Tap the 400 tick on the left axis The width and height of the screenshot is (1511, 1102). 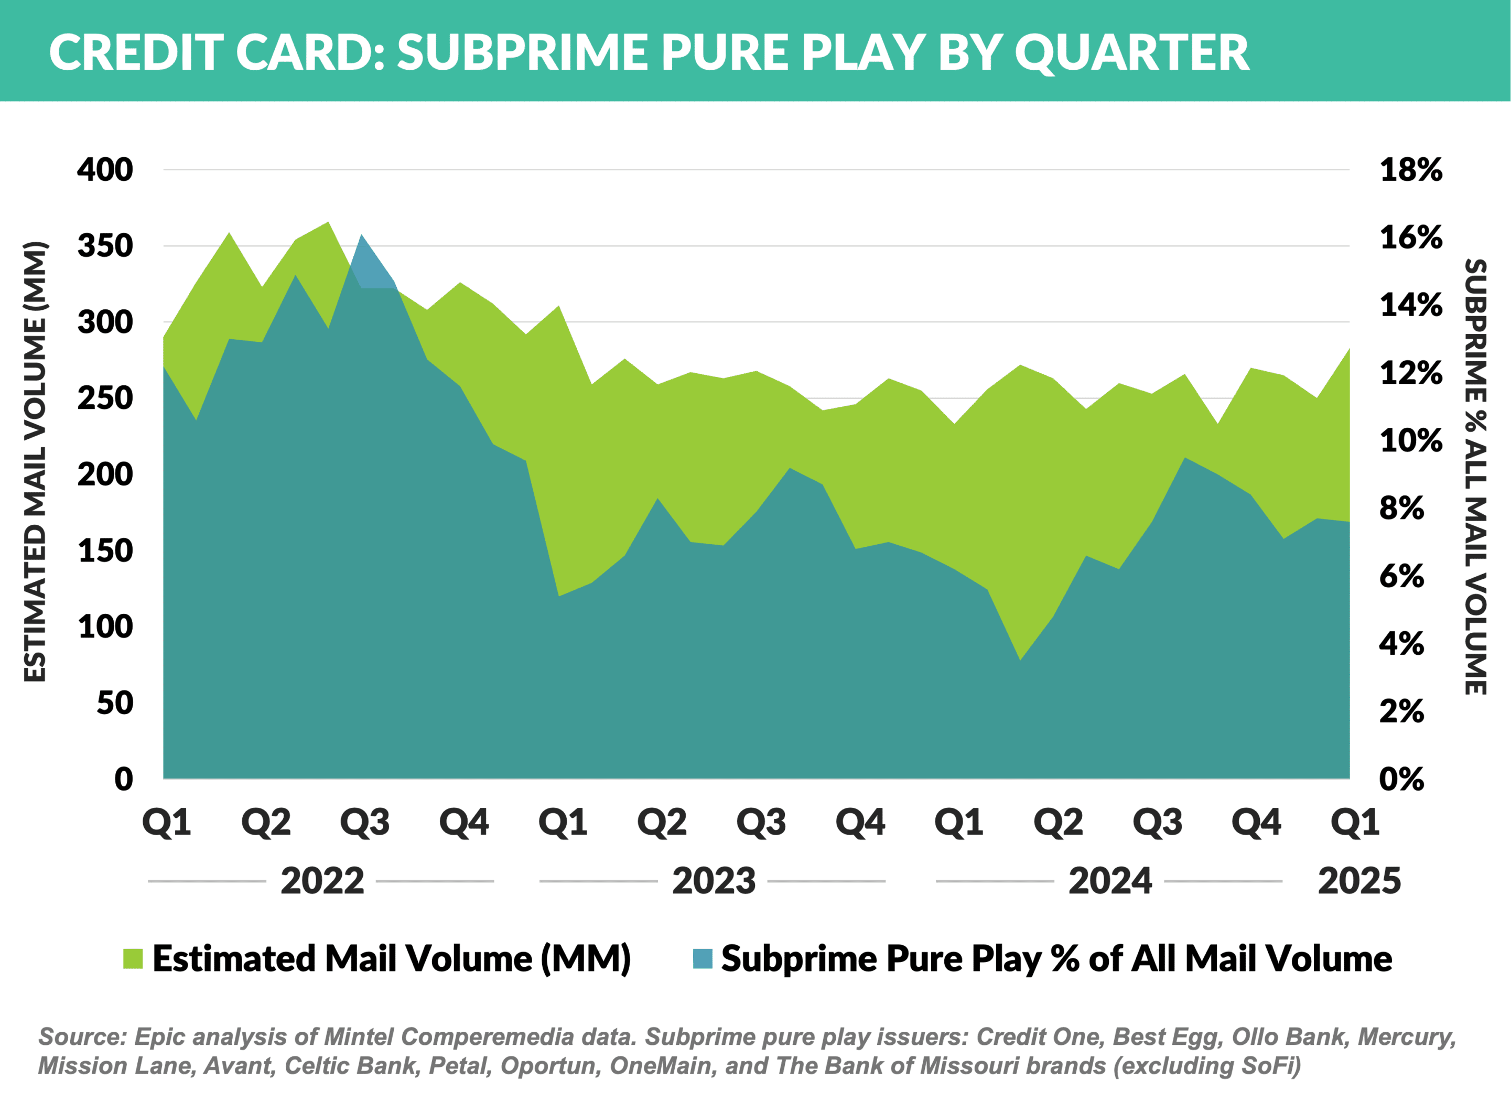click(105, 169)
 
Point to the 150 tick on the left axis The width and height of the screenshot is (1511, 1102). click(105, 550)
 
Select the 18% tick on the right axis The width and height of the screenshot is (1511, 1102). click(1411, 169)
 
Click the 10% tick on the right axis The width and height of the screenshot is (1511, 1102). click(1411, 440)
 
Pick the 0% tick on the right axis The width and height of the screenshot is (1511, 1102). click(1401, 779)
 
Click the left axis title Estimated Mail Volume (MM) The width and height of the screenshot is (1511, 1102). click(35, 461)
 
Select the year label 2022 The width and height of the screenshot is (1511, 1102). click(322, 881)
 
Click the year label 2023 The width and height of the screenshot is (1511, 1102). click(714, 881)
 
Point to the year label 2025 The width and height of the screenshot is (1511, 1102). click(1359, 881)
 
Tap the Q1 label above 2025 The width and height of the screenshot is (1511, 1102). click(1354, 823)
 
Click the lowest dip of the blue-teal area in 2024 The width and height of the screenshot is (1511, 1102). click(1020, 660)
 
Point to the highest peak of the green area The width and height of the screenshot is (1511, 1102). click(328, 222)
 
